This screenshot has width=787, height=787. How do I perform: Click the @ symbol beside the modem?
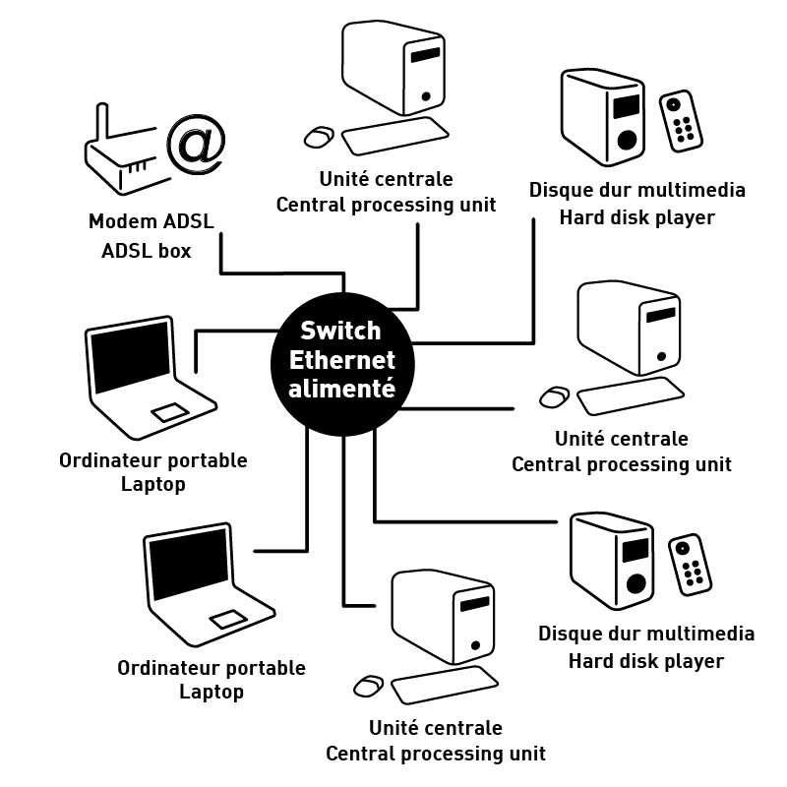point(197,143)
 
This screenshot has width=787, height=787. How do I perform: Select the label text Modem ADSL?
point(151,220)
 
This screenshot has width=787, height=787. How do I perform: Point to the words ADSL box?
point(147,251)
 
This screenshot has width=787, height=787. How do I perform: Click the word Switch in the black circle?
point(340,331)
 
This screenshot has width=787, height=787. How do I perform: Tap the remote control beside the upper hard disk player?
point(682,121)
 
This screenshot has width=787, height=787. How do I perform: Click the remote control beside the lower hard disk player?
point(692,564)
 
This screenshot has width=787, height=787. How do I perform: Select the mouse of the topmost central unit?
point(318,137)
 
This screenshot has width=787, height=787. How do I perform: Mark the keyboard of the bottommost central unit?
point(446,684)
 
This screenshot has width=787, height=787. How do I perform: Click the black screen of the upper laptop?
point(130,355)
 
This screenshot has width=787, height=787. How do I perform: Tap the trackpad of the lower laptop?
point(228,620)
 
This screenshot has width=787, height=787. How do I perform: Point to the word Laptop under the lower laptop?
point(212,692)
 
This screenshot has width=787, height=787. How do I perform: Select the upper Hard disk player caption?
point(636,217)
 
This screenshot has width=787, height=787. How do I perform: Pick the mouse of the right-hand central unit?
point(554,396)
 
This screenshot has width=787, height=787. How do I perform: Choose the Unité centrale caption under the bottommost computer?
point(435,729)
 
